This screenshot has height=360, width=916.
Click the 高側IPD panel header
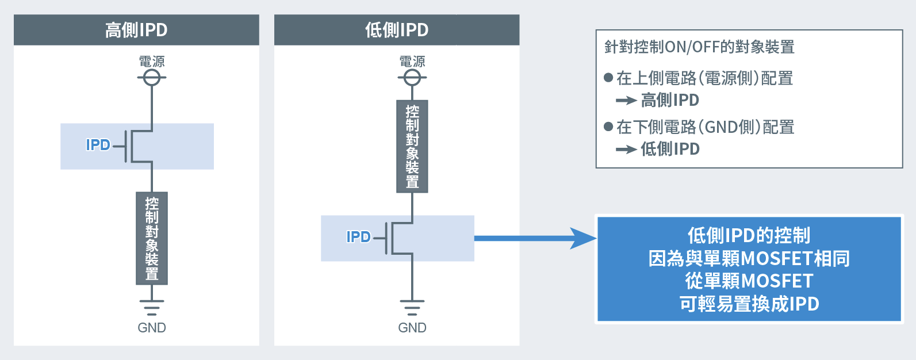point(136,30)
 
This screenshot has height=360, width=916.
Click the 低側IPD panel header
point(397,30)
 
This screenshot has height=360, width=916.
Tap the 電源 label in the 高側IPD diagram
point(152,62)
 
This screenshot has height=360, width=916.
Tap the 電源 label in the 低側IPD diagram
point(412,62)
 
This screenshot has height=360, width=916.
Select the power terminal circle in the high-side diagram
point(152,77)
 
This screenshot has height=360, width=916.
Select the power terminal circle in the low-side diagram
point(412,77)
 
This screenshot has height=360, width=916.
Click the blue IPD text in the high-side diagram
point(98,145)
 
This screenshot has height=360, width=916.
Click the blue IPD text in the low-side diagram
point(358,237)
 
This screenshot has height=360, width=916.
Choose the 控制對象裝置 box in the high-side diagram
point(152,238)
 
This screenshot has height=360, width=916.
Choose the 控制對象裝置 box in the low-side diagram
point(412,146)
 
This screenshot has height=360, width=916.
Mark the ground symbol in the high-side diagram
point(152,307)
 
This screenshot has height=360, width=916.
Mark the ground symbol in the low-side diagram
point(412,307)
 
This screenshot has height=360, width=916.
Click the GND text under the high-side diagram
point(152,328)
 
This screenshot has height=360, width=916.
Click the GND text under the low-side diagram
point(412,328)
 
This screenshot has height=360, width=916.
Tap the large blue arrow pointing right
point(535,238)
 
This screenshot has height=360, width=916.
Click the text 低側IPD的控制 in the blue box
point(749,235)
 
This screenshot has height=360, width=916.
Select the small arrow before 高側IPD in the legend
point(626,101)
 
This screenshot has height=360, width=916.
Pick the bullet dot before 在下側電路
point(608,127)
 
